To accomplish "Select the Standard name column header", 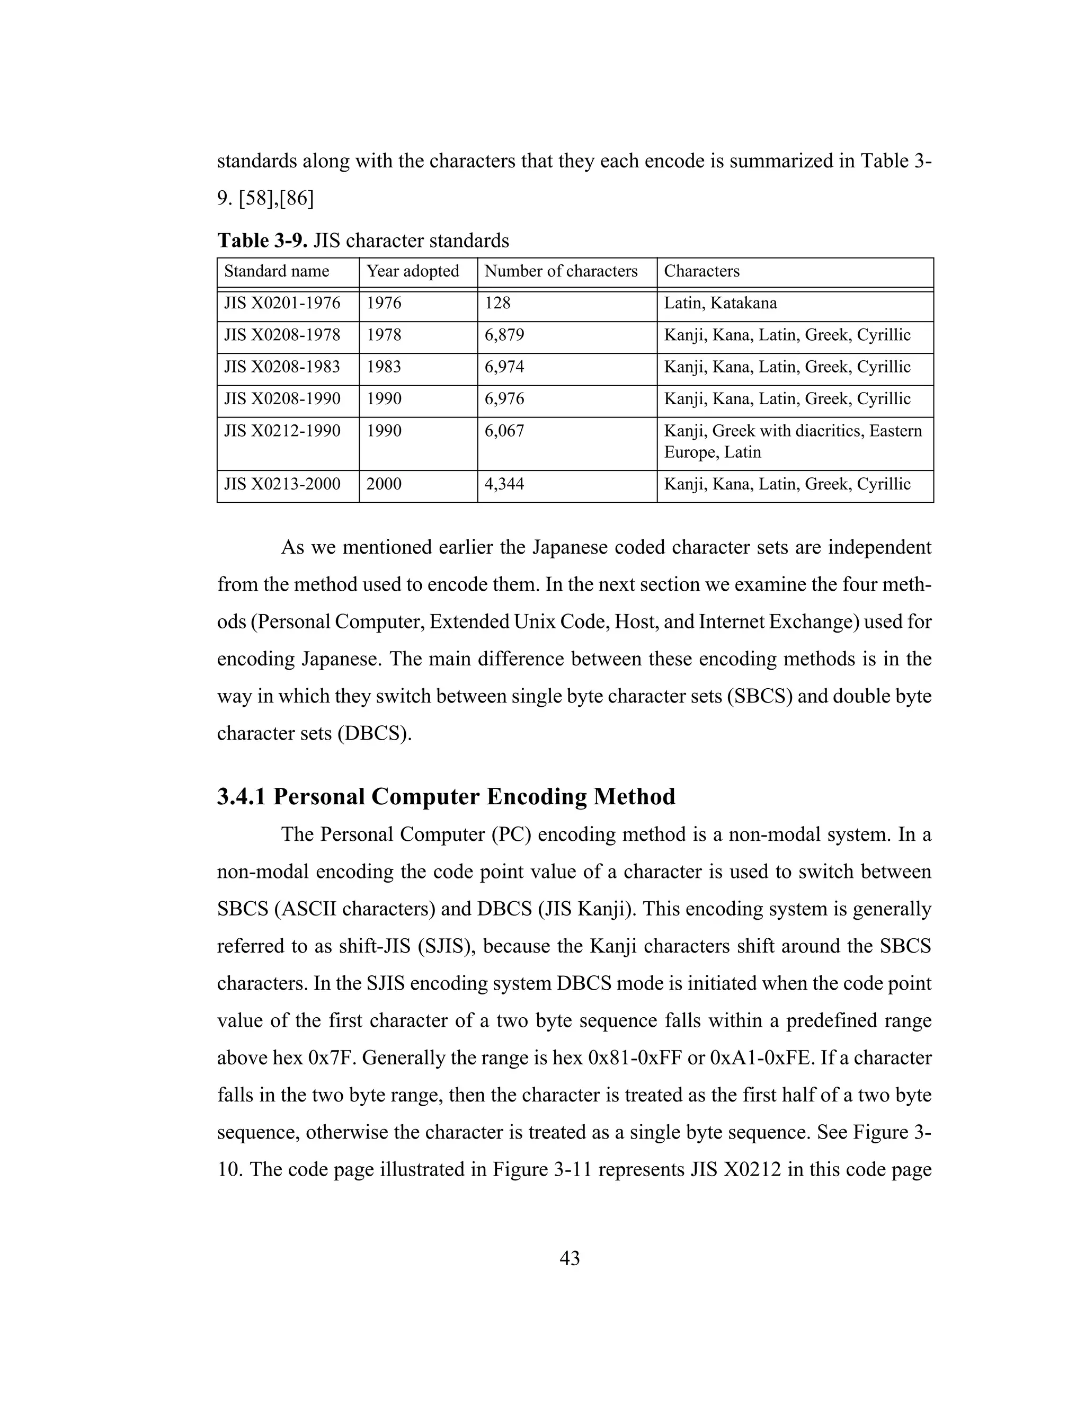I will pos(277,271).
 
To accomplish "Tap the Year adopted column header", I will pos(413,271).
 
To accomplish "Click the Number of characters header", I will pos(561,271).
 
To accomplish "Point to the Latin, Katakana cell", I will pos(720,304).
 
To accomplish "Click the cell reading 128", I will pos(497,304).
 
